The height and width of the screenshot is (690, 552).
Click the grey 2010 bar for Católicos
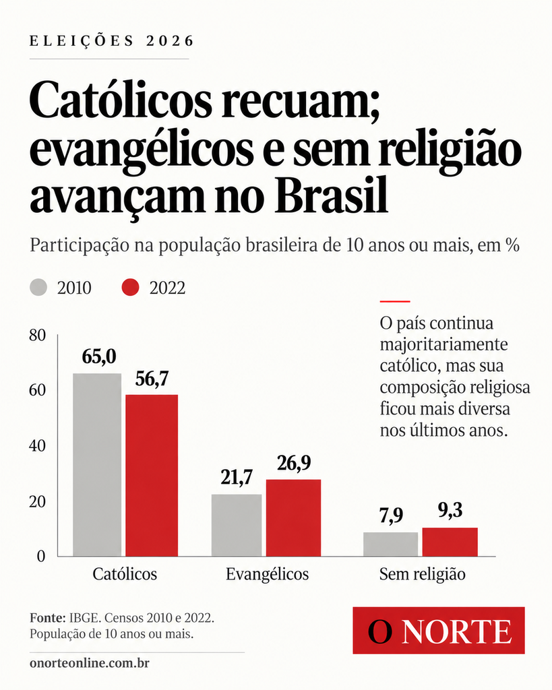coord(97,465)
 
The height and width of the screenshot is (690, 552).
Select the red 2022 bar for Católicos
coord(152,475)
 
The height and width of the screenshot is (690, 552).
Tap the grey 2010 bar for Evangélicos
coord(237,525)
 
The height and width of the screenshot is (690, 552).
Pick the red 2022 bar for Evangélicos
coord(294,517)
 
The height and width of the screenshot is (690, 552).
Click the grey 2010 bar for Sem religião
coord(390,544)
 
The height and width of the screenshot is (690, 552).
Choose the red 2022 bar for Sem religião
coord(450,542)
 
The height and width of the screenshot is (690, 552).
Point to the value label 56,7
coord(152,379)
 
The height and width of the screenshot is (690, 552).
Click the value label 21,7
coord(237,478)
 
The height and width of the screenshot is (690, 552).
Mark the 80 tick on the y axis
coord(38,336)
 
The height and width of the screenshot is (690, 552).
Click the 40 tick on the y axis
coord(38,446)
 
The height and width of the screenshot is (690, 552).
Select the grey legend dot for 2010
coord(38,287)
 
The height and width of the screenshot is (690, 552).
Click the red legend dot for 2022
coord(130,287)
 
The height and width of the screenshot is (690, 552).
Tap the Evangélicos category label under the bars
coord(267,574)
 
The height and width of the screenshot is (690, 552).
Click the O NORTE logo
coord(439,631)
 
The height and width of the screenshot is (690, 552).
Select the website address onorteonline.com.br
coord(90,663)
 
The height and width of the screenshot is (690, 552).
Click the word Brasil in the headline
coord(332,195)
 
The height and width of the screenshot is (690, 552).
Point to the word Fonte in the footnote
coord(48,618)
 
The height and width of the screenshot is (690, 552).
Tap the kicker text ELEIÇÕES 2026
coord(112,41)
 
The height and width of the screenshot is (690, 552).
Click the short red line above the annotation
coord(395,301)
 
